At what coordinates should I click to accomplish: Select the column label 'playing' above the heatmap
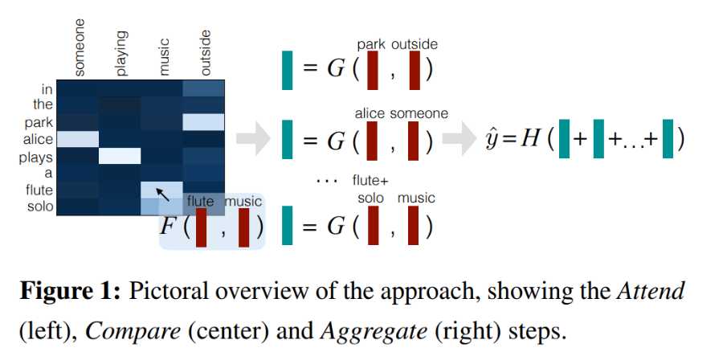121,53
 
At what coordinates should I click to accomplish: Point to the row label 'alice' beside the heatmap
38,140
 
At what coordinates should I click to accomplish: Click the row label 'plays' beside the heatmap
36,157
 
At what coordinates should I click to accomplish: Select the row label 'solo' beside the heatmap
39,207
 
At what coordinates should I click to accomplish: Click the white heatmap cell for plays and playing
120,155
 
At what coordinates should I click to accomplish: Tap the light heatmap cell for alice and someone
78,139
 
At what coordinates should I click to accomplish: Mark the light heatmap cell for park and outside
203,121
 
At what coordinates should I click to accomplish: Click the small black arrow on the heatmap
162,193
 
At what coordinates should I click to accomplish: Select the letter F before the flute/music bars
168,226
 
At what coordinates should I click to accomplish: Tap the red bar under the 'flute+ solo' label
372,226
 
